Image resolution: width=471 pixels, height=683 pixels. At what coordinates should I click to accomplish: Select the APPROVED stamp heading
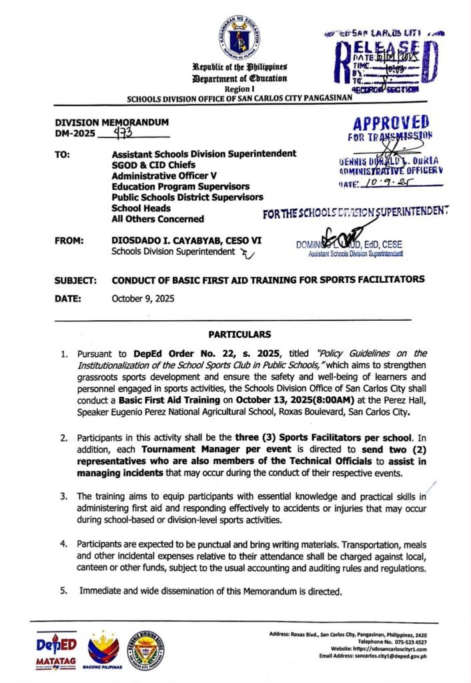(392, 123)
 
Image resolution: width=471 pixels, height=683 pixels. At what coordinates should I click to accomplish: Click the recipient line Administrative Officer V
(161, 175)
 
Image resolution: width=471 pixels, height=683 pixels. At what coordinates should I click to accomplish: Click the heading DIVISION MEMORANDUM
(111, 123)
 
